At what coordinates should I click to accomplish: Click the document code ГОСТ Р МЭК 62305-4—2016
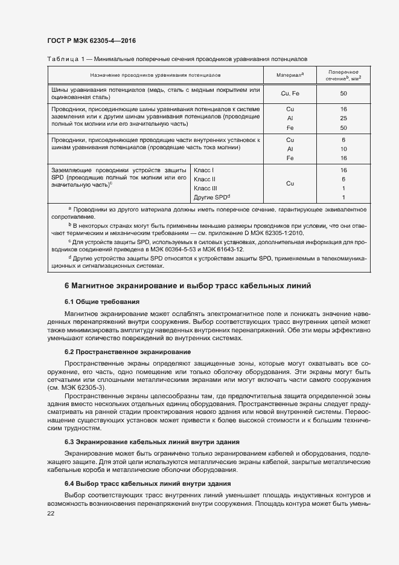pos(91,41)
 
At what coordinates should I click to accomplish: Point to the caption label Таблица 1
pos(65,59)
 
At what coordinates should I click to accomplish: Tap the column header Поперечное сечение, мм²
pos(343,75)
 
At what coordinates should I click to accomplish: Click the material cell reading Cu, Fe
pos(290,94)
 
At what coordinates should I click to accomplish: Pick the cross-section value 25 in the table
pos(343,118)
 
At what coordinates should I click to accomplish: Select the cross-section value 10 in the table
pos(343,149)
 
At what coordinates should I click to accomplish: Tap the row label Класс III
pos(205,189)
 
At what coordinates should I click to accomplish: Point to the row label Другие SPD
pos(212,198)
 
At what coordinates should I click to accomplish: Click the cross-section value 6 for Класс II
pos(343,179)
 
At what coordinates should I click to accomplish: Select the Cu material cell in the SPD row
pos(290,184)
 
